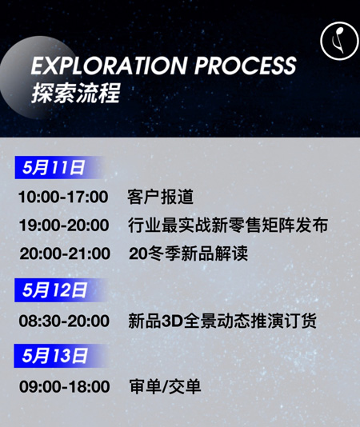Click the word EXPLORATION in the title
tap(109, 66)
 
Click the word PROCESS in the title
tap(246, 66)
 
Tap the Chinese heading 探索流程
tap(75, 93)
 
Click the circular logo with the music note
tap(339, 41)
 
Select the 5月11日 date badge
tap(58, 167)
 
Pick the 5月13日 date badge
tap(60, 356)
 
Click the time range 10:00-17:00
tap(63, 197)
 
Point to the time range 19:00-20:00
tap(64, 225)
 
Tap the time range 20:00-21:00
tap(65, 253)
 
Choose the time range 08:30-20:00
tap(64, 321)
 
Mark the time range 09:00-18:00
tap(65, 386)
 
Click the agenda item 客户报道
tap(160, 197)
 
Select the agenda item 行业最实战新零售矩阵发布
tap(228, 225)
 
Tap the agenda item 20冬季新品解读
tap(188, 253)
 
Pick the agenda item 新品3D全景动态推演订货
tap(222, 321)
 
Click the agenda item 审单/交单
tap(165, 386)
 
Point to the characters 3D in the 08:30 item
tap(172, 321)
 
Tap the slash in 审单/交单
tap(165, 387)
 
